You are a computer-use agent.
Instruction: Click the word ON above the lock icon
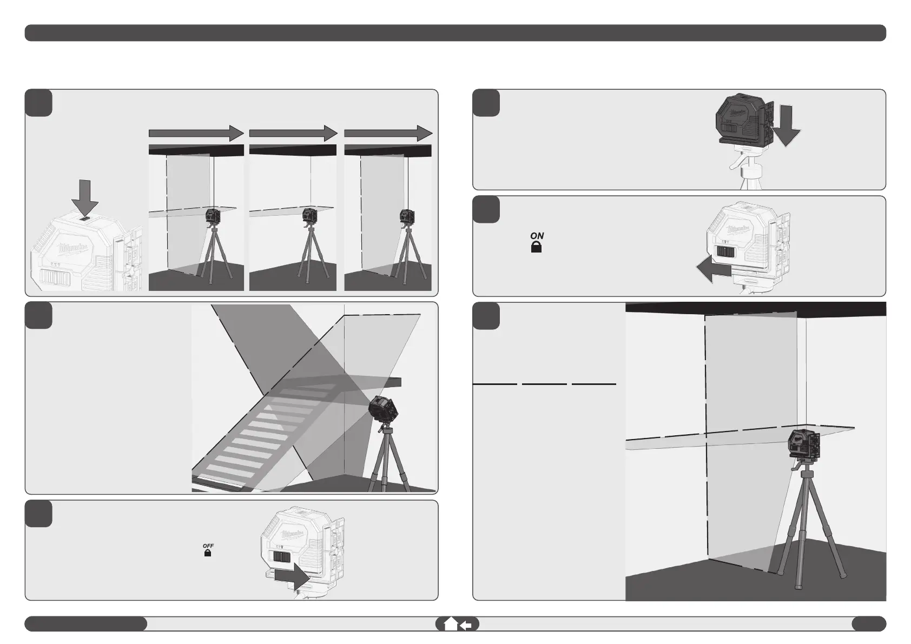pos(537,236)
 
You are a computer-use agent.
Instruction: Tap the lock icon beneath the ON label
pos(537,248)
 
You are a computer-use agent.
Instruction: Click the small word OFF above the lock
pos(208,546)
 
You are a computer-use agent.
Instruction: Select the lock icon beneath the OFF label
pos(207,554)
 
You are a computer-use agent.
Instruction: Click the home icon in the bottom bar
pos(450,625)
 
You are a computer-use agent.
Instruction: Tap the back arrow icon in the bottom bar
pos(466,625)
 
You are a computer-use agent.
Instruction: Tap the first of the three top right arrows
pos(196,133)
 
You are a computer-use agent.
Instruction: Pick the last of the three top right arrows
pos(388,133)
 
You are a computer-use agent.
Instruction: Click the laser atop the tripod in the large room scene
pos(804,446)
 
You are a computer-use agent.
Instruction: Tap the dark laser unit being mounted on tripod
pos(744,125)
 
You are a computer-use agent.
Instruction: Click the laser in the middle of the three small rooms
pos(311,215)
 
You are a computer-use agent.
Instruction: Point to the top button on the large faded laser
pos(85,219)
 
